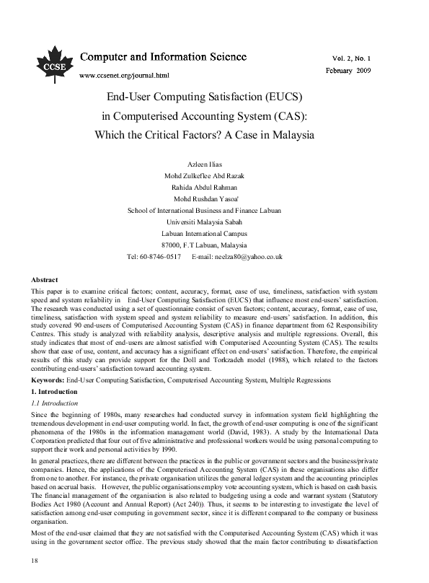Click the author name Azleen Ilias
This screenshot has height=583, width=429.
204,165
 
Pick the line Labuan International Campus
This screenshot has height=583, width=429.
204,234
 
